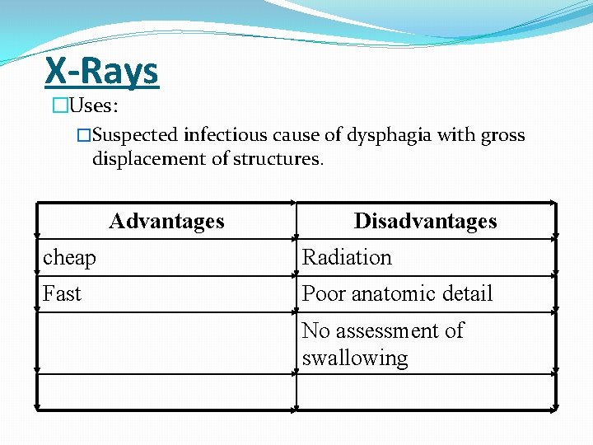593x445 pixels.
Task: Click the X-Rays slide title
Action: click(101, 72)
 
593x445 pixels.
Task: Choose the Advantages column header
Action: click(166, 221)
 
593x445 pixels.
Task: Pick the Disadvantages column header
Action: click(425, 221)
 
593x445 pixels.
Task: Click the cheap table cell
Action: click(70, 258)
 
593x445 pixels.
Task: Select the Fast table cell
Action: click(63, 293)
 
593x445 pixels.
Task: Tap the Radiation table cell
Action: click(347, 258)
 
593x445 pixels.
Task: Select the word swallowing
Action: click(355, 358)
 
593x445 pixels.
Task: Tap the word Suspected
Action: click(141, 135)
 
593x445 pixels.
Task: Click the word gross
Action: click(503, 135)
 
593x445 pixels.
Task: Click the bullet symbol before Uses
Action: click(58, 105)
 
